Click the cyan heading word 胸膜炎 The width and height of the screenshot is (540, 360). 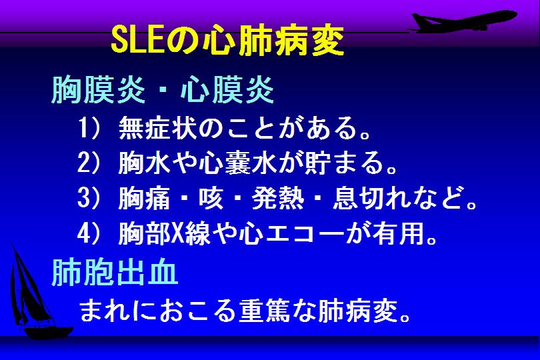[x=98, y=90]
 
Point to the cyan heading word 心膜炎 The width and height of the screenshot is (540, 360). [x=227, y=90]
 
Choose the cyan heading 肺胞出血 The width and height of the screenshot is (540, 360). [x=115, y=272]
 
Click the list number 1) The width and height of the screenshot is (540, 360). [x=89, y=128]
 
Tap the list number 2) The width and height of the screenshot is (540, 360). [x=89, y=163]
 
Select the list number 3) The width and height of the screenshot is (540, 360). [x=89, y=199]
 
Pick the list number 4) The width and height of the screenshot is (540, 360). [x=89, y=234]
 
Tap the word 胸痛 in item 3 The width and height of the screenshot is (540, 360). [x=144, y=199]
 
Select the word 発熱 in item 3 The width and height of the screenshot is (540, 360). [x=277, y=199]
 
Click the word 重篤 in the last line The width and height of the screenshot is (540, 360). [x=265, y=311]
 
